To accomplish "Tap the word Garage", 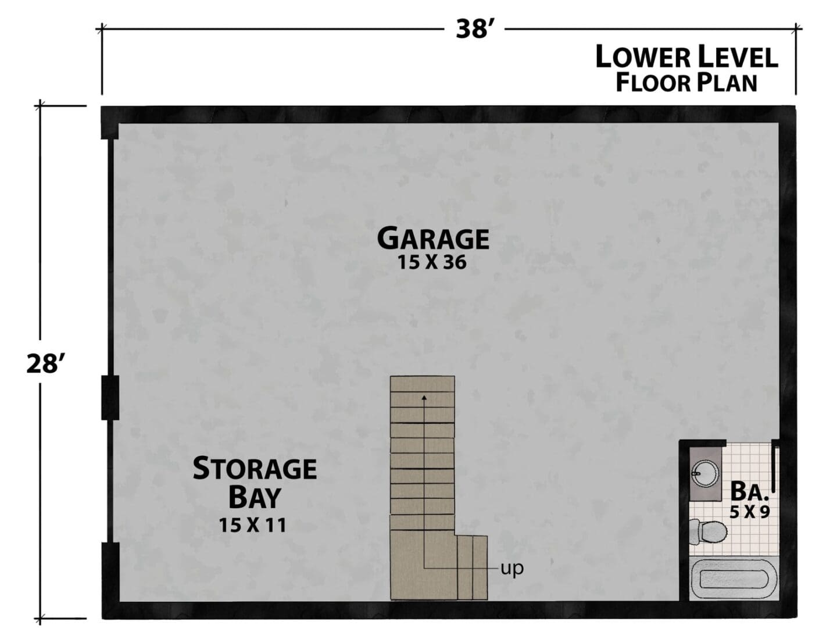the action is pyautogui.click(x=433, y=238).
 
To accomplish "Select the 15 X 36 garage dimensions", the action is pyautogui.click(x=432, y=262).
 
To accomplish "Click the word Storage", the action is pyautogui.click(x=255, y=469).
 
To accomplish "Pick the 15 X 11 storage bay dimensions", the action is pyautogui.click(x=252, y=525).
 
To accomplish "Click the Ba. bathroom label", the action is pyautogui.click(x=749, y=491).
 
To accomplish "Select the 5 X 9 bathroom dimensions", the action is pyautogui.click(x=750, y=512).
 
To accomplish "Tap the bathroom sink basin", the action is pyautogui.click(x=705, y=474).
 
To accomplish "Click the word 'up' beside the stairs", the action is pyautogui.click(x=512, y=569).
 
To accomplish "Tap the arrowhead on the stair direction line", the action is pyautogui.click(x=424, y=398).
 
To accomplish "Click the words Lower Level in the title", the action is pyautogui.click(x=687, y=57).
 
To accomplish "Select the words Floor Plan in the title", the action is pyautogui.click(x=686, y=83).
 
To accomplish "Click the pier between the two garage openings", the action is pyautogui.click(x=110, y=398).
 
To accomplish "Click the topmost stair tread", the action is pyautogui.click(x=422, y=384).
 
